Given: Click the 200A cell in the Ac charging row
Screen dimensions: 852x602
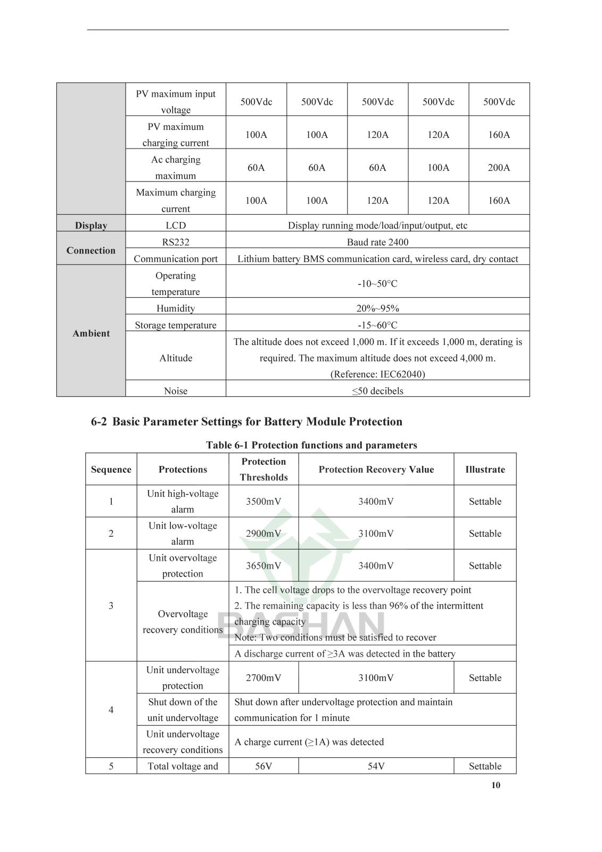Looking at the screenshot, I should pos(499,168).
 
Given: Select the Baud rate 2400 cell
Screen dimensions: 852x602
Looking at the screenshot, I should pos(377,242).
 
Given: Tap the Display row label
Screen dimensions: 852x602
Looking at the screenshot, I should pos(91,225).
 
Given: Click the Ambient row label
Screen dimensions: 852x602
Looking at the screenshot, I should pos(91,333).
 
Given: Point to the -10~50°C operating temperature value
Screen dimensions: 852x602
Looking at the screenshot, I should pos(377,283).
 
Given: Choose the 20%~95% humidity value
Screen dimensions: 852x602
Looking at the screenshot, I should pos(377,308).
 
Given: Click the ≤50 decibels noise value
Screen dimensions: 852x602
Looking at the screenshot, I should pos(377,391).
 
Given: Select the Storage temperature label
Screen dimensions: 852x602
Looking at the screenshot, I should pos(176,325).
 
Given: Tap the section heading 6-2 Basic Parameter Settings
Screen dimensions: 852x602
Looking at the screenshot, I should pos(246,422).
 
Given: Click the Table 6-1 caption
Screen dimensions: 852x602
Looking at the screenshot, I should pos(311,445).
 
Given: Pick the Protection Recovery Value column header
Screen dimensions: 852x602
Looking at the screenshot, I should pos(376,469).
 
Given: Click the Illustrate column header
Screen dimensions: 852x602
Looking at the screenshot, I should pos(485,469).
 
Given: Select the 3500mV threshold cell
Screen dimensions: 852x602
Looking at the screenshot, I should pos(263,501).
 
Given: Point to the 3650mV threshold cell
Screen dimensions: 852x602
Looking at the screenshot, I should pos(263,566).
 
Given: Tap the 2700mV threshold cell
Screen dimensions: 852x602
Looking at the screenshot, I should pos(263,678).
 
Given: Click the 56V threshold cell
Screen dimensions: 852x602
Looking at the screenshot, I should pos(263,766).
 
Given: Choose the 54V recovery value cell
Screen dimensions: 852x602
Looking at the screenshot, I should pos(376,766).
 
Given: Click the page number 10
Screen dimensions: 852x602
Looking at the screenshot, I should pos(496,785).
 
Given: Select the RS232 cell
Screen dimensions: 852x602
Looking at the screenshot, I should pos(176,242).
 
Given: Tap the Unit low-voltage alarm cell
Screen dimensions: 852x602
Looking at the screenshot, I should pos(183,533).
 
